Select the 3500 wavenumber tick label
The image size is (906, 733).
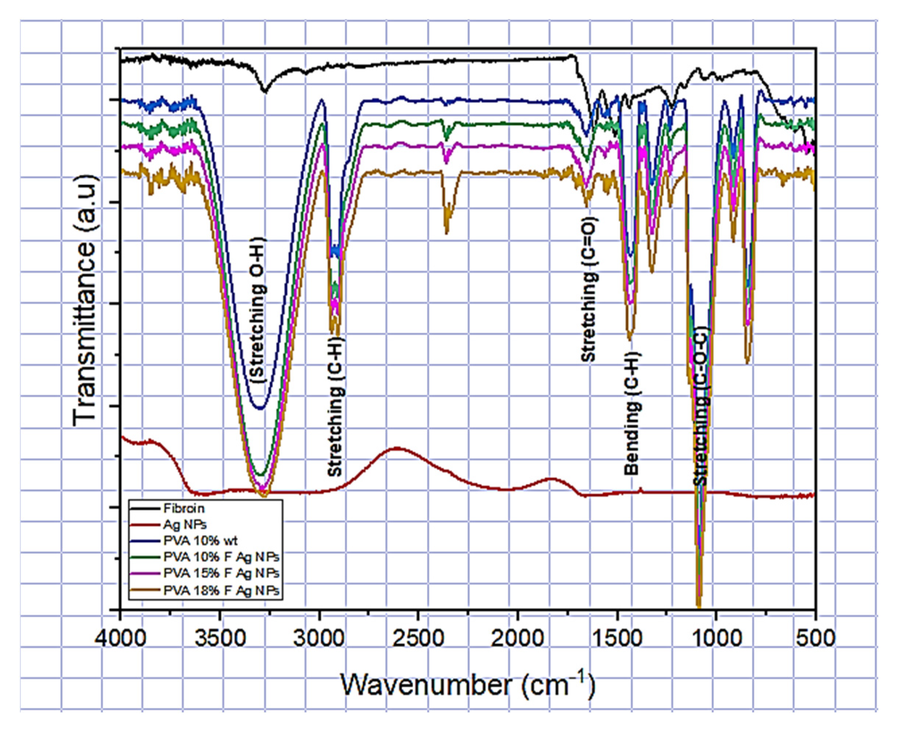pos(219,638)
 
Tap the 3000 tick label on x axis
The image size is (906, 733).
pos(319,638)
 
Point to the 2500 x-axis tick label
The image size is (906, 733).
pos(418,638)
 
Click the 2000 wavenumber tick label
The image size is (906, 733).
pos(518,638)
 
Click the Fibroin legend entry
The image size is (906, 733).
pos(184,509)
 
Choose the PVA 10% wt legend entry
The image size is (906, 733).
pos(201,541)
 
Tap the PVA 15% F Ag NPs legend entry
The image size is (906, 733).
pos(221,573)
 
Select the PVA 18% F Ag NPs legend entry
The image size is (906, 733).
pos(221,590)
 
